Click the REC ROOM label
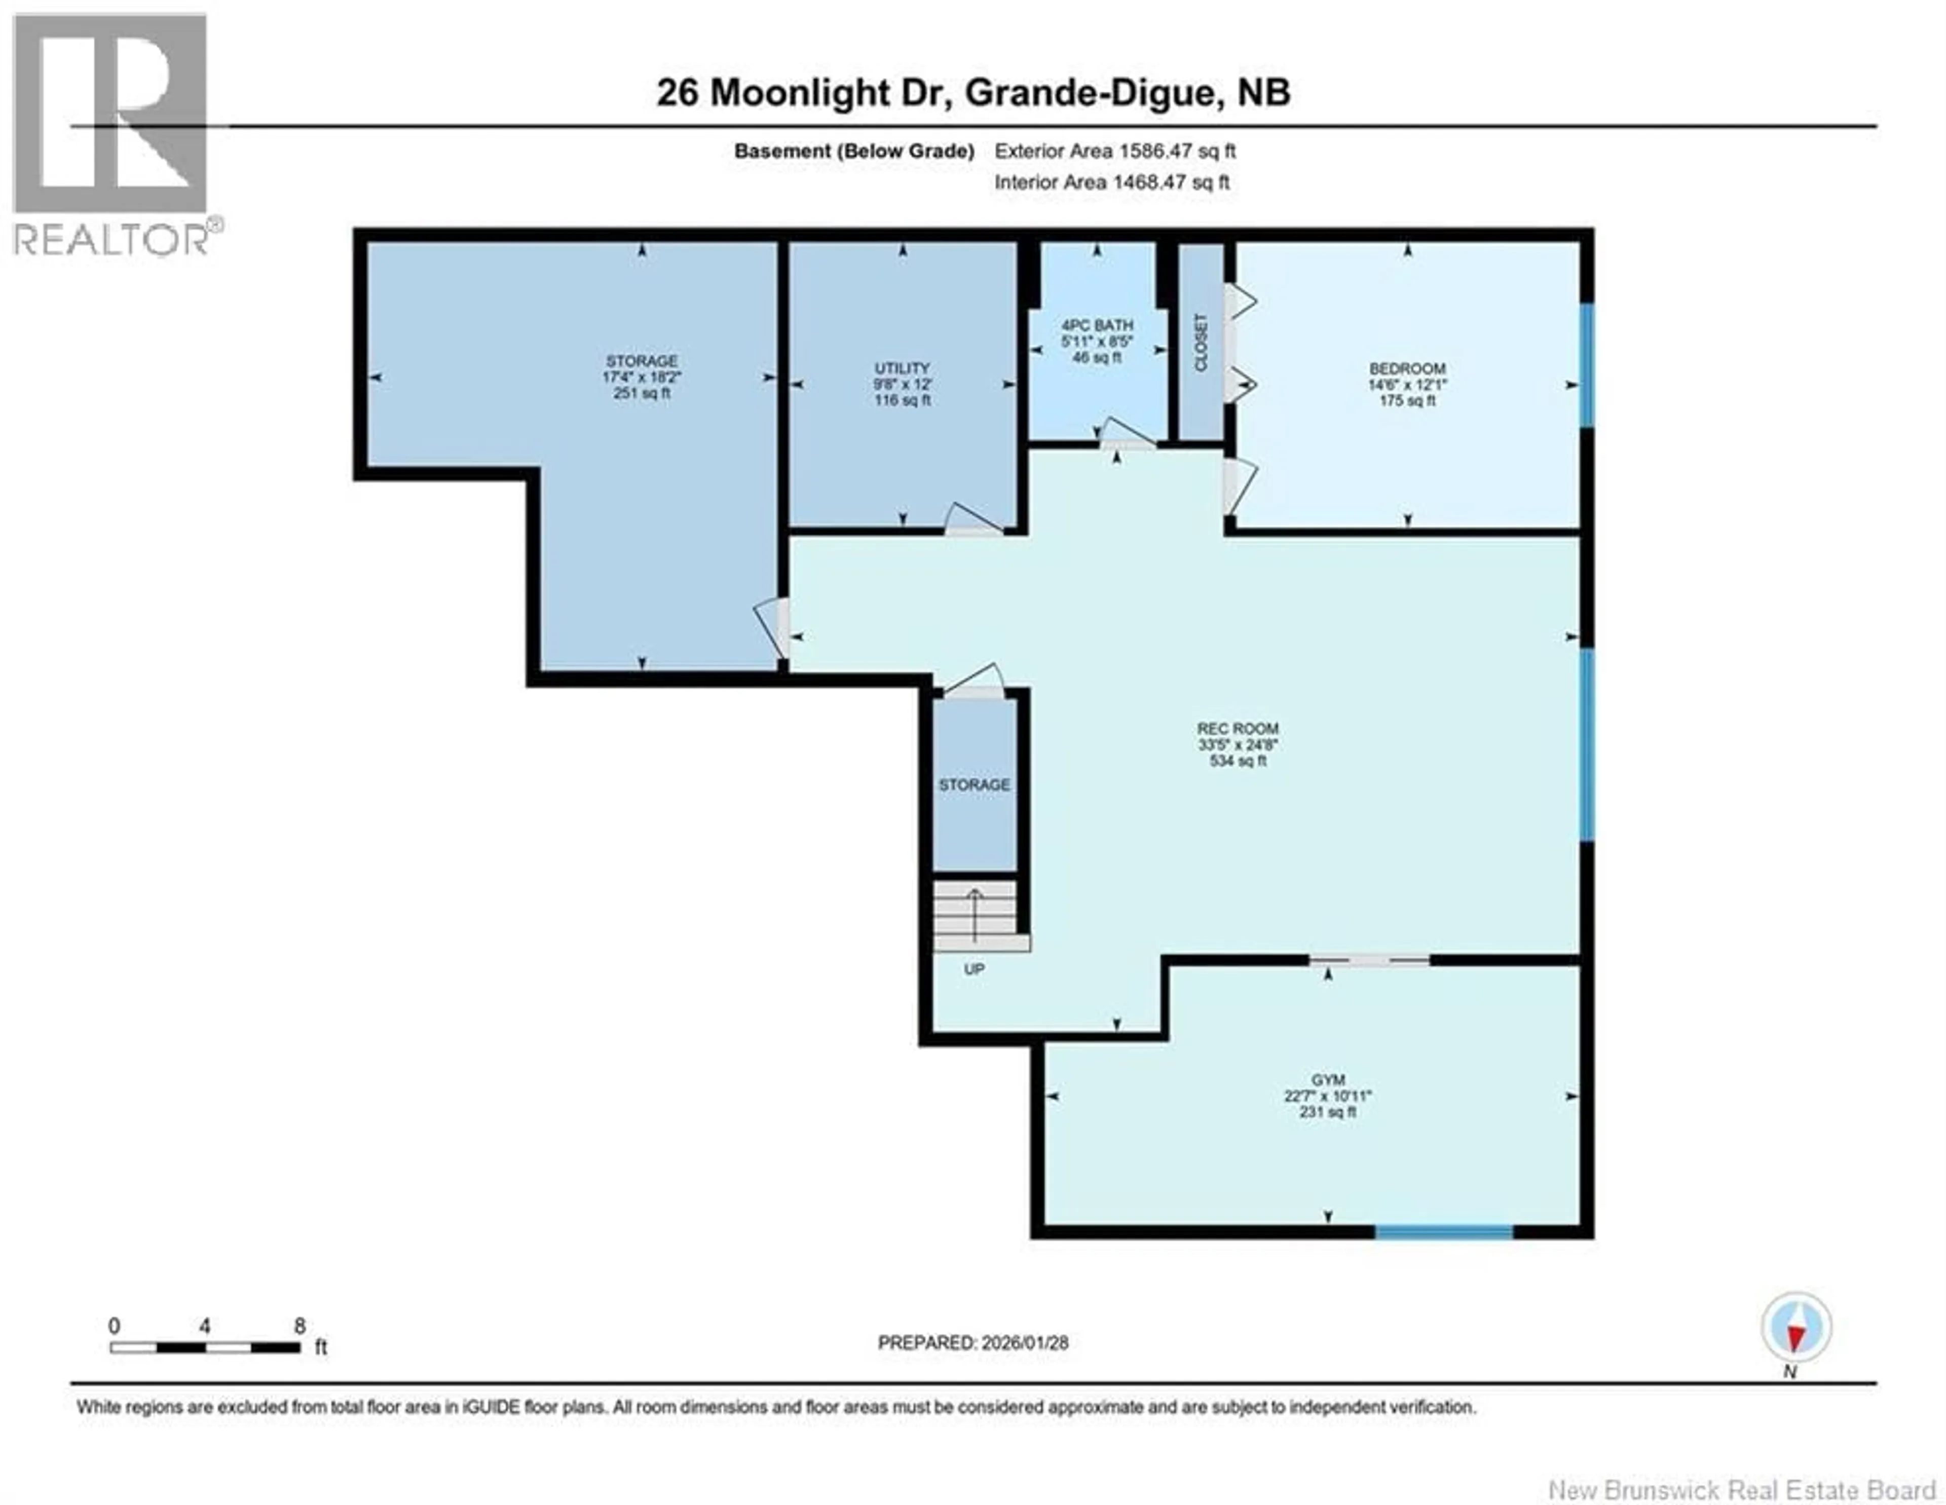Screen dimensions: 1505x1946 [x=1237, y=728]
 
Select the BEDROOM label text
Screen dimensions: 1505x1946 [x=1407, y=368]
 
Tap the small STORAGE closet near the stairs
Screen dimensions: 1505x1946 [x=974, y=784]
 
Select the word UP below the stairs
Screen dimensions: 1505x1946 [x=974, y=968]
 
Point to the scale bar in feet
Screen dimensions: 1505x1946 [x=205, y=1347]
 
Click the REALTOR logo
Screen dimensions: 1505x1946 [x=111, y=134]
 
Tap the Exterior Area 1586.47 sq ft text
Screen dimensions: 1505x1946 [x=1115, y=150]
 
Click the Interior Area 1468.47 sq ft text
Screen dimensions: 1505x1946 [x=1111, y=182]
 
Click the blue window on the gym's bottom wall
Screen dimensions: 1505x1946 [x=1443, y=1232]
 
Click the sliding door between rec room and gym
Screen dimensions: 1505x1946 [x=1369, y=960]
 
